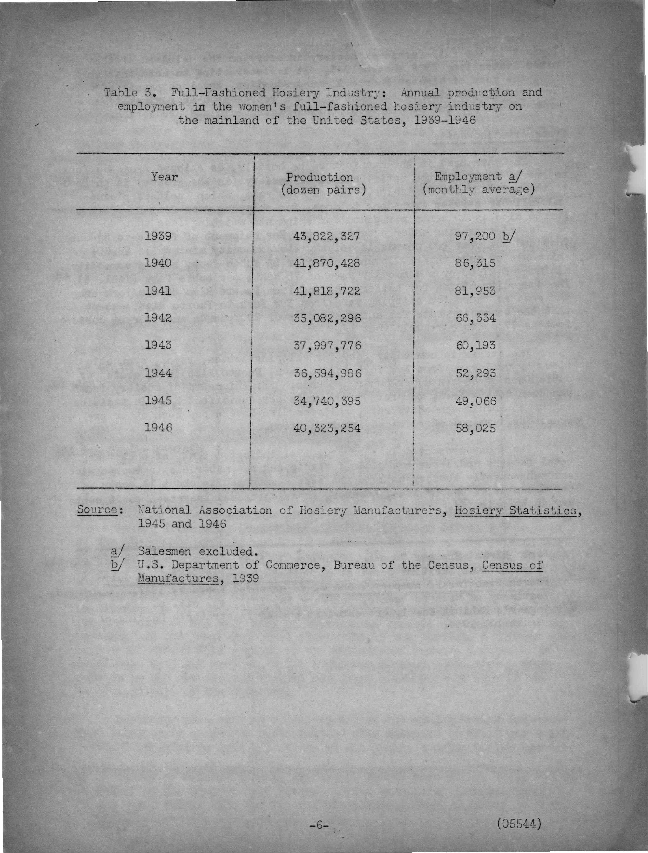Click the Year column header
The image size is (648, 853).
[164, 177]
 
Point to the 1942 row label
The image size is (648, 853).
[158, 318]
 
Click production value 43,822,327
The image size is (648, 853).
[326, 236]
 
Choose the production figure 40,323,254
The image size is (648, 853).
[327, 428]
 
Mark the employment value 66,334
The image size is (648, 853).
[475, 318]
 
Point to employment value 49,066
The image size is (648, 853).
[476, 401]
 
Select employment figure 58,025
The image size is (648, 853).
[475, 428]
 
